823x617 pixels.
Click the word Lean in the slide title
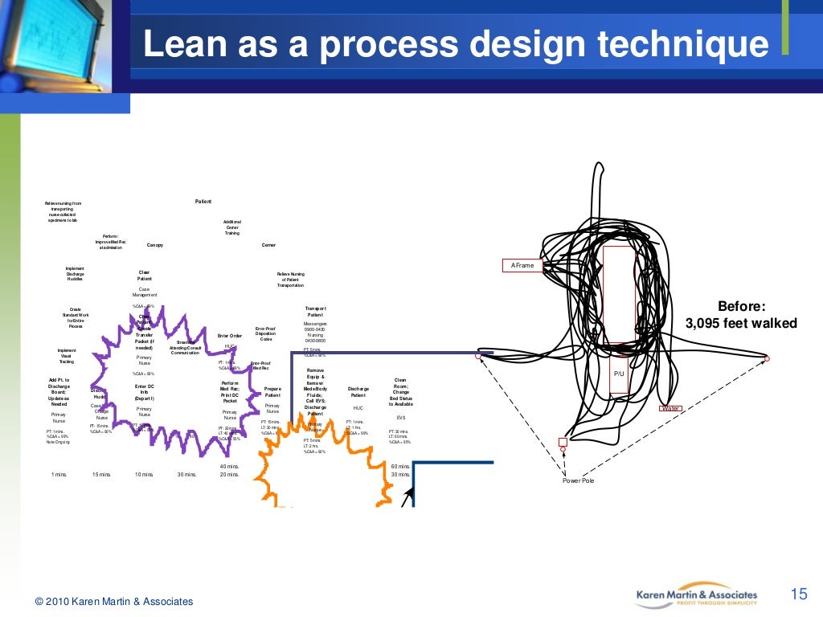coord(182,45)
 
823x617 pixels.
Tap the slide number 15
coord(798,595)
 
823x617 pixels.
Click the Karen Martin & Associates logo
coord(696,595)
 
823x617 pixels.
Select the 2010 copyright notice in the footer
coord(114,601)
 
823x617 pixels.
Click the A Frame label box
coord(522,265)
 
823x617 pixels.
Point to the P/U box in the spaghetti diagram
coord(619,374)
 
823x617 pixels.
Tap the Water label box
coord(669,408)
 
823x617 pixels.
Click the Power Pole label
coord(578,480)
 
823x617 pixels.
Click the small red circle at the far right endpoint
coord(767,358)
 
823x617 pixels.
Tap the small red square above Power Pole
coord(563,442)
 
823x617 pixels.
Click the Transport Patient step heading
coord(315,312)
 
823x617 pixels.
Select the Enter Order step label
coord(230,336)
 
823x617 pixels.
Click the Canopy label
coord(155,245)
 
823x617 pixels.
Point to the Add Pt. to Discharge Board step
coord(59,392)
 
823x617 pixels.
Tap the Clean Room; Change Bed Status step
coord(400,392)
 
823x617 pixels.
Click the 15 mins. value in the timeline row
coord(101,475)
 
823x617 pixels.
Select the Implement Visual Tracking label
coord(67,356)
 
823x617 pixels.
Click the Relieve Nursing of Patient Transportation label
coord(291,280)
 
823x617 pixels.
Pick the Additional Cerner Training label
coord(232,227)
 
